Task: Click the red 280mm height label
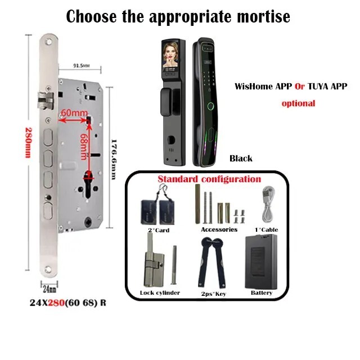[x=28, y=143]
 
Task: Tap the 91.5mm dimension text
[x=82, y=66]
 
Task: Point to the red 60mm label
[x=74, y=113]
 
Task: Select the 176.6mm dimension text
[x=114, y=159]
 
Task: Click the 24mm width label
[x=49, y=289]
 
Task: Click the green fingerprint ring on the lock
[x=210, y=106]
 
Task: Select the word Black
[x=241, y=159]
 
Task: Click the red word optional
[x=299, y=103]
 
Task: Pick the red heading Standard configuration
[x=209, y=179]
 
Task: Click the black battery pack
[x=261, y=262]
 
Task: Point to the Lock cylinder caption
[x=160, y=292]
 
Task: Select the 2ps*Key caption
[x=214, y=294]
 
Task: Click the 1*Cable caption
[x=266, y=230]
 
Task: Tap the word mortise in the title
[x=263, y=16]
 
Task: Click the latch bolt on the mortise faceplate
[x=46, y=100]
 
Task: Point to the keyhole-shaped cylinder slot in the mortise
[x=89, y=184]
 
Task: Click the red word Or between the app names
[x=300, y=87]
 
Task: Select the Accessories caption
[x=219, y=229]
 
